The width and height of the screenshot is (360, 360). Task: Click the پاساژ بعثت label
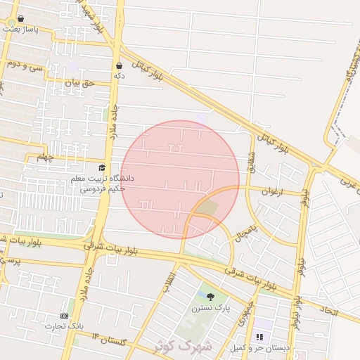(x=20, y=30)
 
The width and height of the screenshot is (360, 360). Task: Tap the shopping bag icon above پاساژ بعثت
(x=20, y=19)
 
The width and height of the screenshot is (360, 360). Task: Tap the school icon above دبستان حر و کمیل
(x=259, y=337)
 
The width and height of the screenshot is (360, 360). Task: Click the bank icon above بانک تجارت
(x=65, y=316)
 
